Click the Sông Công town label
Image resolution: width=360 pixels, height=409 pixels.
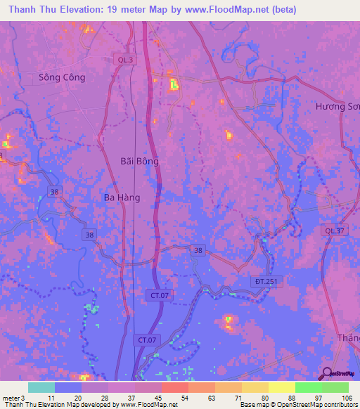[x=62, y=77]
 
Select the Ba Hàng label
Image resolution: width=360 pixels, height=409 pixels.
[x=122, y=197]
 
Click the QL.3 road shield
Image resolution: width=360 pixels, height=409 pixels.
[x=124, y=60]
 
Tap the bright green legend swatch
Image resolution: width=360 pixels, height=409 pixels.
[x=308, y=387]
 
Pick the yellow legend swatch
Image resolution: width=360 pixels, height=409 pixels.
[x=281, y=387]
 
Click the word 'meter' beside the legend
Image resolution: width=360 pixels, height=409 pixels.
[x=11, y=398]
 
